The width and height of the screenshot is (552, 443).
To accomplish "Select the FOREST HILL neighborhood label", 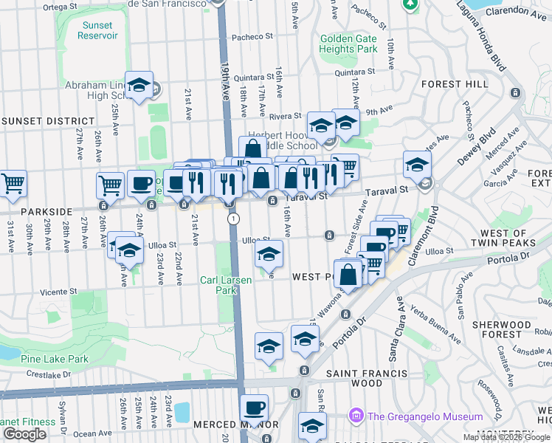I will click(455, 84).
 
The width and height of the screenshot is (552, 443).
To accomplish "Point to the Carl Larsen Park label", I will click(226, 285).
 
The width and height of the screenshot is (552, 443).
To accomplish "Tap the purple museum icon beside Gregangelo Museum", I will click(358, 416).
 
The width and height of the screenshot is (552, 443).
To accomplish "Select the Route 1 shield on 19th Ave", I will click(234, 219).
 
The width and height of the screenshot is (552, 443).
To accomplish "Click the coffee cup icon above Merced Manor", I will click(255, 408).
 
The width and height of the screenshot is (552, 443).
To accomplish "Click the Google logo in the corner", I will click(24, 434).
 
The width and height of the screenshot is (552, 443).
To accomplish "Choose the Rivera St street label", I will click(285, 116).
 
